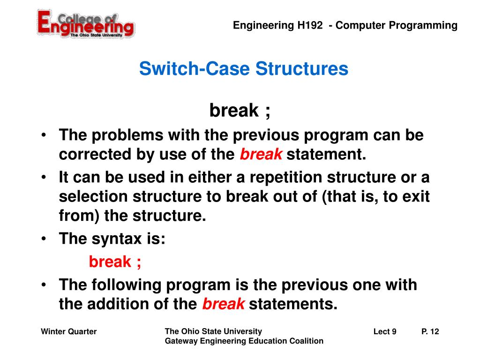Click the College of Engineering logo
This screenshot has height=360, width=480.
[86, 23]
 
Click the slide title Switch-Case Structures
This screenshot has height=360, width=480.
[243, 69]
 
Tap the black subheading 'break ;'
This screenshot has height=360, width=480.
[240, 111]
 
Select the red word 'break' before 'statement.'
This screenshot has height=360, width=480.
[261, 155]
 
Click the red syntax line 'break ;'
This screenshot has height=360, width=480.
[115, 262]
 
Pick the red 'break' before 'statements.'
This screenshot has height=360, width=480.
[223, 304]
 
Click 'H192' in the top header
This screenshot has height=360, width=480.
[309, 25]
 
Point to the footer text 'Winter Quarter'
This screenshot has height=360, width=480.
[68, 332]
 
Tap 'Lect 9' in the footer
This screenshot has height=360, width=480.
[385, 332]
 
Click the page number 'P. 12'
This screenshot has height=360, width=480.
[430, 332]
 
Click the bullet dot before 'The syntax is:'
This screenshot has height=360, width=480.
[43, 239]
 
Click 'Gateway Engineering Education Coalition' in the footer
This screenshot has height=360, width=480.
[244, 341]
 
